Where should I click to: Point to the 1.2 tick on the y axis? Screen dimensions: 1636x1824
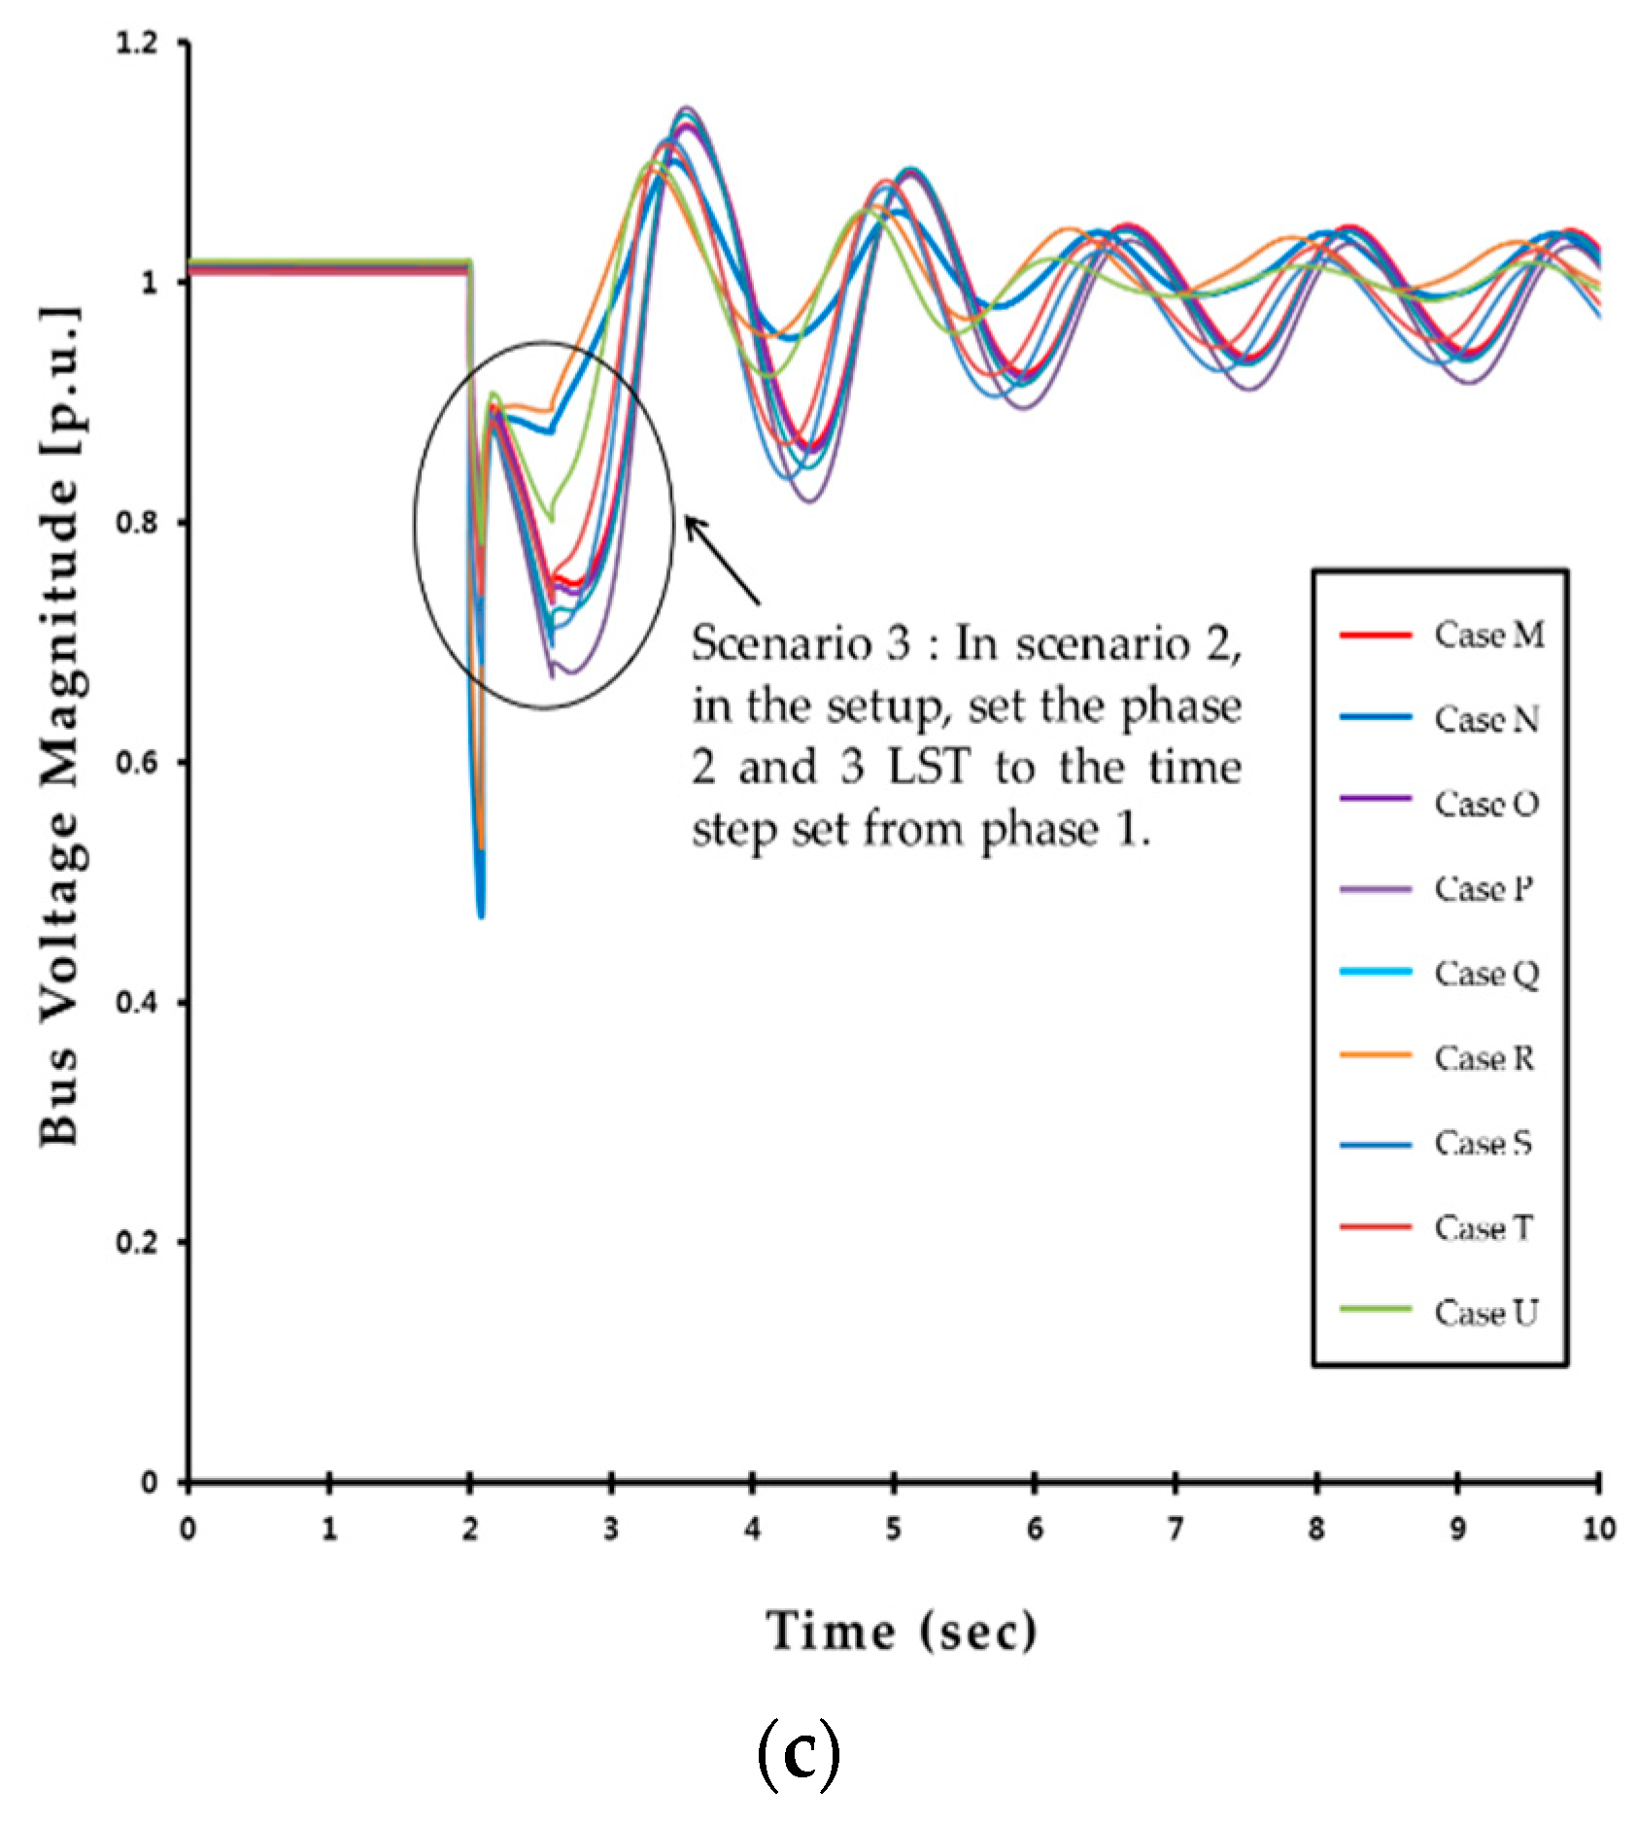point(137,43)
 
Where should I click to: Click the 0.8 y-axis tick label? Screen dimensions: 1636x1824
point(137,522)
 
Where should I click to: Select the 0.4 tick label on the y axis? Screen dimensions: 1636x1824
point(137,1002)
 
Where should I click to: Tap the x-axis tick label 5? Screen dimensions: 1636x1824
point(893,1529)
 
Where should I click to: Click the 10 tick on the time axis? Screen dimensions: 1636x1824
point(1598,1529)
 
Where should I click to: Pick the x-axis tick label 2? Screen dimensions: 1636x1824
point(470,1529)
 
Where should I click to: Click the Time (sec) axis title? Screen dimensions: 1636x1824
point(901,1631)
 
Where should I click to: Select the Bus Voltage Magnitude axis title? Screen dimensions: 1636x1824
point(60,724)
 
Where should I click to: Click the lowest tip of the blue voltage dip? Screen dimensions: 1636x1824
point(481,913)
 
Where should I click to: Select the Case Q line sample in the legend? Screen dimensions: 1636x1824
point(1375,972)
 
